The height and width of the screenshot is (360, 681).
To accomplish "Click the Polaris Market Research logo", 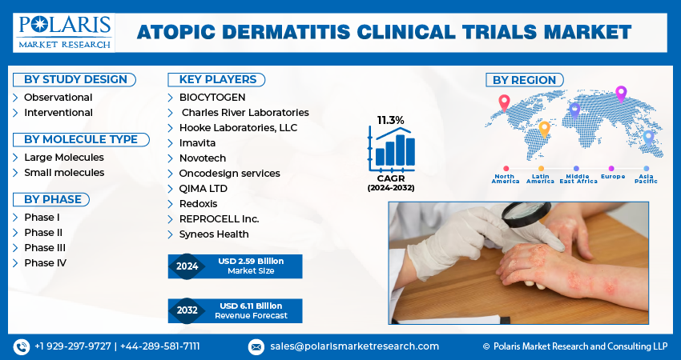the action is tap(64, 33).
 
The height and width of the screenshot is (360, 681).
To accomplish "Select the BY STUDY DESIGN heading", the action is tap(75, 80).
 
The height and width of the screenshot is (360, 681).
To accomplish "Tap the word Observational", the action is tap(58, 97).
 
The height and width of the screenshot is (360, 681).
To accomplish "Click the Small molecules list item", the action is tap(64, 172).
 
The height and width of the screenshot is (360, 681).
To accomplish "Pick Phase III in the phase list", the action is tap(45, 248).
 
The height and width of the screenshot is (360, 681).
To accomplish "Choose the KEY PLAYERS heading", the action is tap(217, 80).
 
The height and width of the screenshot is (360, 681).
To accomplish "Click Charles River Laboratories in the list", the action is tap(245, 112).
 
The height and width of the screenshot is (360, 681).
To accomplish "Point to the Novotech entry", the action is tap(203, 158).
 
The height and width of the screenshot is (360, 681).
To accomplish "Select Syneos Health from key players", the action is tap(214, 234).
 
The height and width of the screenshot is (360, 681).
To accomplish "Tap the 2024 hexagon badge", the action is tap(187, 266).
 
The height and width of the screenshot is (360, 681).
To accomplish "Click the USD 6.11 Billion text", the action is tap(251, 306).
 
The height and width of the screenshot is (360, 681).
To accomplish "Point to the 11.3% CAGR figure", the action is tap(390, 120).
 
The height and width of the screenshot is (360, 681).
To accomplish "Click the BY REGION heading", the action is tap(524, 80).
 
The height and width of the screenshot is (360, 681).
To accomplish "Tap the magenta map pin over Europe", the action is tap(621, 94).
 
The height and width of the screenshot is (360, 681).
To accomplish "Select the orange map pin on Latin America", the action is tap(544, 130).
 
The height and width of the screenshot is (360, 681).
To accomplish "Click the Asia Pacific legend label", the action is tap(647, 178).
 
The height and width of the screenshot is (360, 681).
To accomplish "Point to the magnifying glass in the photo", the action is tap(526, 214).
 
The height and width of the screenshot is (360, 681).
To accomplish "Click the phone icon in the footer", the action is tap(21, 346).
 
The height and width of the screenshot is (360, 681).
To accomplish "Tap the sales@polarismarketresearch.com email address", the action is tap(354, 346).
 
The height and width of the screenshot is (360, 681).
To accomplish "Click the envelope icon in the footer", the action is tap(256, 346).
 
